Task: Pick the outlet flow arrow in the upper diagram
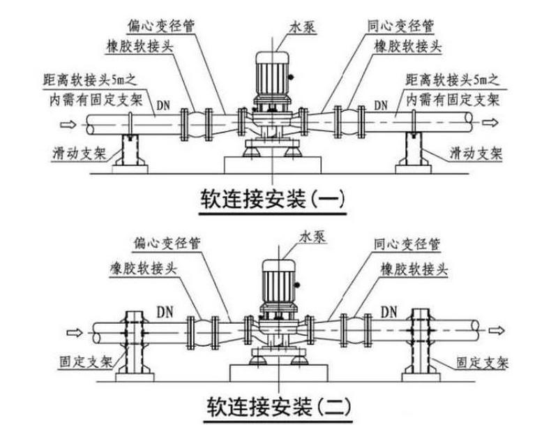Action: [x=492, y=124]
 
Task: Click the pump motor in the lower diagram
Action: [x=278, y=283]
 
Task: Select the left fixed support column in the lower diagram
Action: [x=133, y=342]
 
